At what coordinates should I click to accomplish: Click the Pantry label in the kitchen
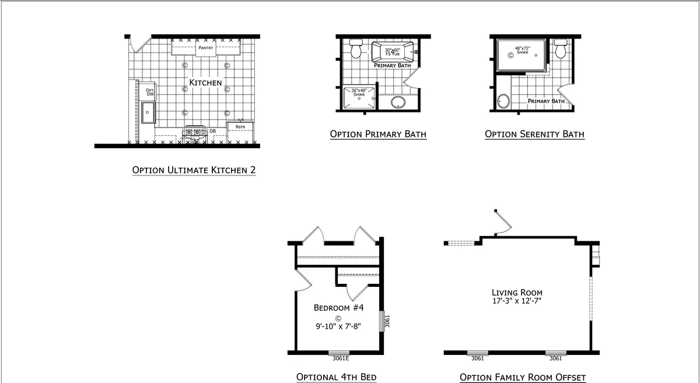pyautogui.click(x=206, y=48)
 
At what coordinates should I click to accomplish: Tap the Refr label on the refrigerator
pyautogui.click(x=240, y=127)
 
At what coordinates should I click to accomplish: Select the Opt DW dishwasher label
pyautogui.click(x=150, y=92)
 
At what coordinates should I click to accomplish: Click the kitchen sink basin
pyautogui.click(x=148, y=113)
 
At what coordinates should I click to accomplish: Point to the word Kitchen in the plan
pyautogui.click(x=205, y=83)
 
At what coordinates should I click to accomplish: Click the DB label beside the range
pyautogui.click(x=213, y=131)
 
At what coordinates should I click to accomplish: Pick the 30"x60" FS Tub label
pyautogui.click(x=393, y=52)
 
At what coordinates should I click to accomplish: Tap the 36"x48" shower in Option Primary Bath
pyautogui.click(x=359, y=98)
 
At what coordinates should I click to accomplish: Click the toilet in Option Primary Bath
pyautogui.click(x=356, y=49)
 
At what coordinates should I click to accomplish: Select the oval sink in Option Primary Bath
pyautogui.click(x=398, y=102)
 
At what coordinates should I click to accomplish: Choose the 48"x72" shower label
pyautogui.click(x=523, y=50)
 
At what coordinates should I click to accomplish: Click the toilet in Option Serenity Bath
pyautogui.click(x=561, y=49)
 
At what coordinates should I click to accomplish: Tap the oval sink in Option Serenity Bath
pyautogui.click(x=503, y=101)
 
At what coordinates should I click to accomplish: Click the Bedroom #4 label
pyautogui.click(x=339, y=308)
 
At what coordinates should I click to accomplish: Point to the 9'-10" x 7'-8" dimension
pyautogui.click(x=338, y=326)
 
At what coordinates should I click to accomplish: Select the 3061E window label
pyautogui.click(x=341, y=359)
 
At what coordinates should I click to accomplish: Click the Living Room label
pyautogui.click(x=517, y=293)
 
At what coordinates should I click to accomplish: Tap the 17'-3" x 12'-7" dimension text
pyautogui.click(x=517, y=301)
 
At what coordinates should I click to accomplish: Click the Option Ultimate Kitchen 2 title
pyautogui.click(x=194, y=170)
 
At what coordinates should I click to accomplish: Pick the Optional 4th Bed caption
pyautogui.click(x=336, y=377)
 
